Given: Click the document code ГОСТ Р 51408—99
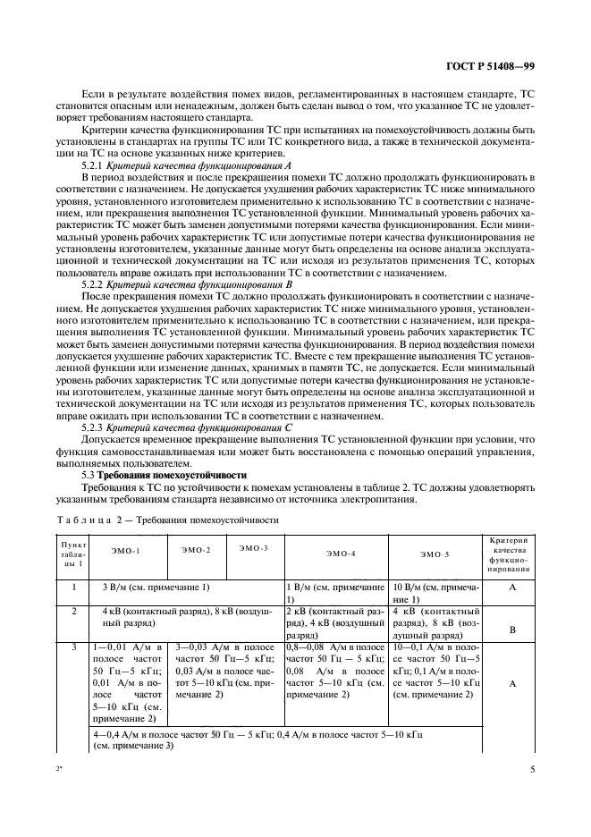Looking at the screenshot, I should (x=490, y=66).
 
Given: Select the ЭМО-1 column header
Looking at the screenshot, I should (x=126, y=553).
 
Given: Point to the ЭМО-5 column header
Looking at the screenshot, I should (x=435, y=554).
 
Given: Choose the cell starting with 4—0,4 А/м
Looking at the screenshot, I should (x=259, y=739).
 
